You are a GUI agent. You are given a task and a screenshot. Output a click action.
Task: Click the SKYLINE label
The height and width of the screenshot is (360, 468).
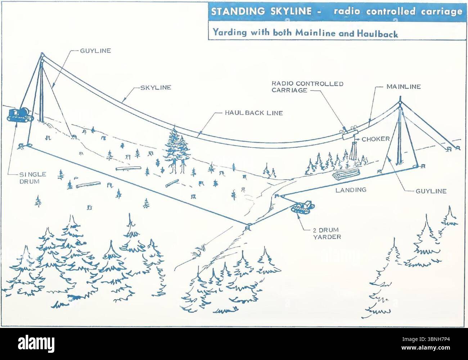click(156, 87)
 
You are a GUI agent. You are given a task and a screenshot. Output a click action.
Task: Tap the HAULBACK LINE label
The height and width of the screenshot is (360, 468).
click(254, 113)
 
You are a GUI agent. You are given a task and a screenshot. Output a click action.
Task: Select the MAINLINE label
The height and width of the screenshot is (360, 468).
click(404, 87)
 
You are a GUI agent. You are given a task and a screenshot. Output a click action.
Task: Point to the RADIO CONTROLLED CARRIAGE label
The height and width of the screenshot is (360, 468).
click(307, 87)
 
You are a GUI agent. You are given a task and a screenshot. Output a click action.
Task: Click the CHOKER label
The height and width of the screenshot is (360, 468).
click(375, 139)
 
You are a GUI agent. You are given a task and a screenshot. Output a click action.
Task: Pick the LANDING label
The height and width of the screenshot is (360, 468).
click(351, 190)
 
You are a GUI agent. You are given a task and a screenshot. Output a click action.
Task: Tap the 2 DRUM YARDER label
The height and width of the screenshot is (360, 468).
click(327, 234)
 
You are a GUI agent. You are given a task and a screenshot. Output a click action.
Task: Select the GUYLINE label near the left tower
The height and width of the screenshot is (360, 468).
click(95, 51)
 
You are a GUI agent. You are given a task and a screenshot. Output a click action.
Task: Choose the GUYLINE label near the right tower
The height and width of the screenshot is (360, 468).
click(431, 191)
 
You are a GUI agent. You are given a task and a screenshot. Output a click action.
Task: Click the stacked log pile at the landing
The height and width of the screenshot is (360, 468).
click(346, 174)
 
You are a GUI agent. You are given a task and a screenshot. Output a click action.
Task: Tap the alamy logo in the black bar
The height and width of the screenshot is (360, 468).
click(36, 343)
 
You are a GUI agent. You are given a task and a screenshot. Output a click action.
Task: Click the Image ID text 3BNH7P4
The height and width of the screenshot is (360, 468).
click(439, 339)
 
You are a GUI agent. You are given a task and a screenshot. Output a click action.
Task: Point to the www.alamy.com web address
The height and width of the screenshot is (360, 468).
click(426, 347)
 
